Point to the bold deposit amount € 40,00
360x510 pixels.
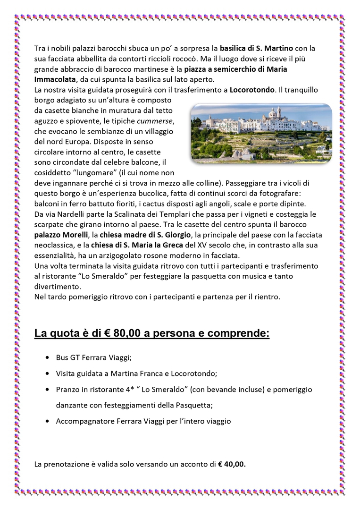[232, 464]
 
